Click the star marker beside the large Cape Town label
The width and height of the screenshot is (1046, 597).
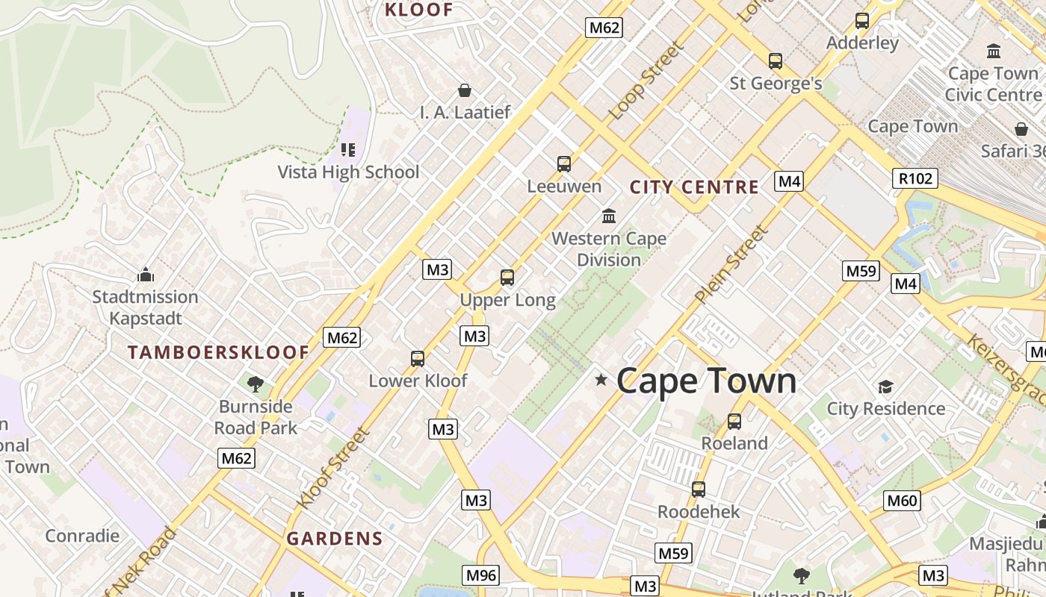(x=601, y=381)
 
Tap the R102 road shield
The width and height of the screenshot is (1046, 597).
(x=915, y=178)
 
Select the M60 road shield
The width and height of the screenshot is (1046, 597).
(x=901, y=501)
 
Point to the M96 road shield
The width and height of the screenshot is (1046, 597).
(x=480, y=575)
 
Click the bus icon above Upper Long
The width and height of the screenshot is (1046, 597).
(x=507, y=278)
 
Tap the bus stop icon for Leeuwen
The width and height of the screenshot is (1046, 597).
(x=564, y=163)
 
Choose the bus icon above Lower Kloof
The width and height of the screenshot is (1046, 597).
(x=418, y=359)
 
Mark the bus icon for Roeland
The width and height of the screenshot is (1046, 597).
(x=734, y=422)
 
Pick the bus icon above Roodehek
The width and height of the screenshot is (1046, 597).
(x=699, y=490)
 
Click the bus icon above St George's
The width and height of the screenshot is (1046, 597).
(x=776, y=61)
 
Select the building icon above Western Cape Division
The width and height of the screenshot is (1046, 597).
(x=609, y=216)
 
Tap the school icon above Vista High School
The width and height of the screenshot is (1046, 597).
(x=348, y=150)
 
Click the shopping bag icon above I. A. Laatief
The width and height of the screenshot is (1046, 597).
(x=465, y=90)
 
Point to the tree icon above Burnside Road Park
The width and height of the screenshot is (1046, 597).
(x=256, y=384)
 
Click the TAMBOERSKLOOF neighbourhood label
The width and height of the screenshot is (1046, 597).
(x=218, y=352)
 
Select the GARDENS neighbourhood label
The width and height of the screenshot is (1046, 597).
(x=335, y=538)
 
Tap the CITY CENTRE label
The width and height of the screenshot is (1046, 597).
(x=694, y=187)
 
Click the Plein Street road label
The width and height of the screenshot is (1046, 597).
(x=731, y=265)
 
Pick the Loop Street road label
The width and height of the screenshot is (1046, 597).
(x=646, y=81)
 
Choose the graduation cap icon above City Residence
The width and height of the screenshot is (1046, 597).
(x=885, y=387)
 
